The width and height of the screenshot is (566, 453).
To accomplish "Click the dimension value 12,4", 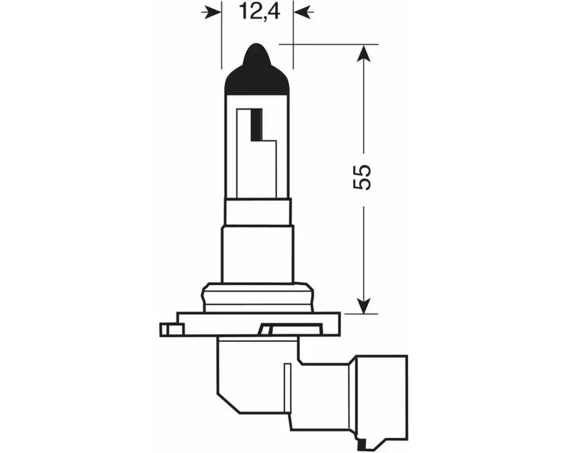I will (258, 12).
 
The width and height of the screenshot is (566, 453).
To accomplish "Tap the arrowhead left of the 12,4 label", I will (211, 12).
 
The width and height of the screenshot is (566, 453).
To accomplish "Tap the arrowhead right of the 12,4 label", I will (303, 12).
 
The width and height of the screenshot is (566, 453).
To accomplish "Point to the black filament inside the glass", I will (260, 125).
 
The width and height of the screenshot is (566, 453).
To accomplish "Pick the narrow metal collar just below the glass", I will (258, 212).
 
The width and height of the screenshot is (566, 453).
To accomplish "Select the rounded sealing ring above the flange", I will (258, 297).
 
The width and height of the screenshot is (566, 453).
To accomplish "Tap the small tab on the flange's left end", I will (171, 330).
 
